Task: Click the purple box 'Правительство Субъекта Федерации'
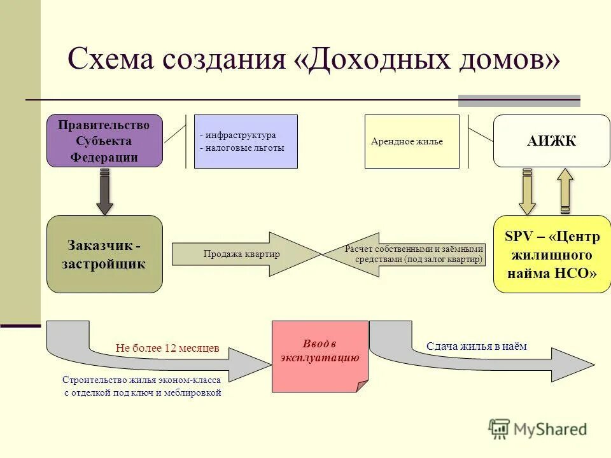tap(104, 141)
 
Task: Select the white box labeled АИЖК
tap(551, 141)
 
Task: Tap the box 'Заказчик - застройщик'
tap(104, 254)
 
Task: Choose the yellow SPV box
tap(551, 254)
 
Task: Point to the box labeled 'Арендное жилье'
tap(411, 141)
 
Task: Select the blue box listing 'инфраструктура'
tap(245, 141)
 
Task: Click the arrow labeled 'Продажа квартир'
tap(242, 254)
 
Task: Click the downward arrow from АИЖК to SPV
tap(527, 191)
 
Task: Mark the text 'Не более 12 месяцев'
tap(167, 348)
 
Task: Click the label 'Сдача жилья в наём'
tap(477, 346)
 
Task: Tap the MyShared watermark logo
tap(538, 429)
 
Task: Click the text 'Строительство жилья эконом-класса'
tap(141, 380)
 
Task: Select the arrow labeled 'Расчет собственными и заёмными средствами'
tap(414, 254)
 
